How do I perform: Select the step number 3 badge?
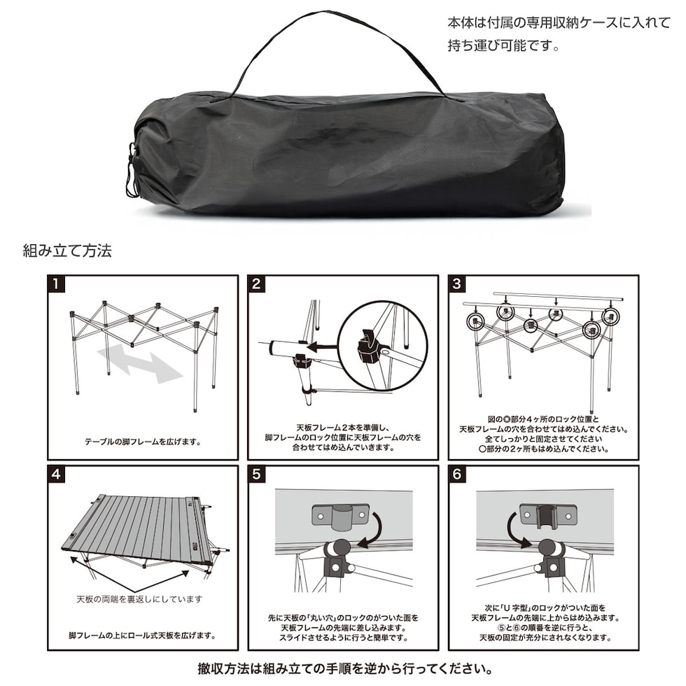(458, 283)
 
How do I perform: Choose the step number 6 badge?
(458, 474)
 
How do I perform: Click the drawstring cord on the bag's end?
(131, 171)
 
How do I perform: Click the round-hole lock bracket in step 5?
(339, 516)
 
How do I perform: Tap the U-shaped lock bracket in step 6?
(547, 515)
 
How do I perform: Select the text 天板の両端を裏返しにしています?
(139, 599)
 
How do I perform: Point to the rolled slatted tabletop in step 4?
(140, 528)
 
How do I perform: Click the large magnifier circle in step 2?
(381, 346)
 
